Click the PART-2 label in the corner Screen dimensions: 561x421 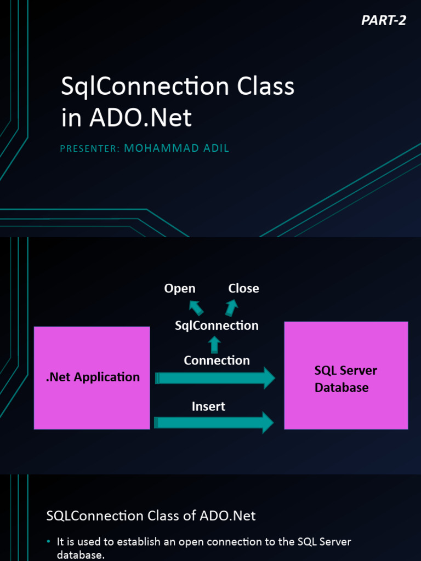click(384, 21)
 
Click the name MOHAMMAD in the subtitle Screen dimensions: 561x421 click(160, 148)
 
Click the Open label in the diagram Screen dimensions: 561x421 click(180, 288)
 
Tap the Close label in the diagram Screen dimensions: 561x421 click(243, 288)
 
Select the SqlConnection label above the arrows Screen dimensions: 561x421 click(217, 325)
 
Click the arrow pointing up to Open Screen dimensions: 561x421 click(196, 307)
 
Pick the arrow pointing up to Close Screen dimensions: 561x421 click(231, 307)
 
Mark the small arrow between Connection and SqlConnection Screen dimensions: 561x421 click(214, 345)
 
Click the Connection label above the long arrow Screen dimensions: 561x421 click(217, 360)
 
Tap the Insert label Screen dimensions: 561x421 click(208, 407)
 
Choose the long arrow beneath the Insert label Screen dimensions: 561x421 click(214, 422)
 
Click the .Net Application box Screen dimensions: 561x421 click(92, 377)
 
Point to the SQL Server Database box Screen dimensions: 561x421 click(346, 375)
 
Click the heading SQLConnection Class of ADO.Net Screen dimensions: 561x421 click(151, 516)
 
